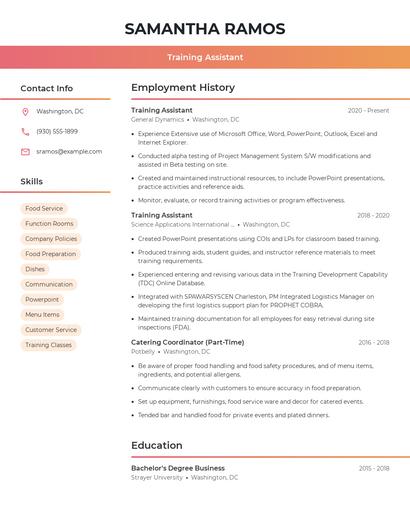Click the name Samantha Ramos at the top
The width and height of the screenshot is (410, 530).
click(205, 29)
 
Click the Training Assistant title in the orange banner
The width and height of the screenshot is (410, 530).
click(205, 57)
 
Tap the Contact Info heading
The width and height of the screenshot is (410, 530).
click(47, 88)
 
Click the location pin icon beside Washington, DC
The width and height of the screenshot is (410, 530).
click(25, 111)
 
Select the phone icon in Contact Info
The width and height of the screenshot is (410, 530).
click(25, 131)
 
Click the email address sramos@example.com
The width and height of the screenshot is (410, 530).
click(69, 151)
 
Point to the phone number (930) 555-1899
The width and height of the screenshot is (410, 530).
click(57, 131)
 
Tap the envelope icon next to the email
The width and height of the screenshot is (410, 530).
click(25, 151)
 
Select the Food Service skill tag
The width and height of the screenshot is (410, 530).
click(44, 209)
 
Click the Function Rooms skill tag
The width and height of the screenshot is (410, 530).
click(49, 224)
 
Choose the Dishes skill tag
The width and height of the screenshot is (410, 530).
click(35, 269)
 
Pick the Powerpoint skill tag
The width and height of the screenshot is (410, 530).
click(42, 300)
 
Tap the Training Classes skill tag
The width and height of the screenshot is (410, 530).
click(48, 345)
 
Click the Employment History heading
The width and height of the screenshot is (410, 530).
click(183, 88)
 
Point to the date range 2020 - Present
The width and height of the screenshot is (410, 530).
click(368, 110)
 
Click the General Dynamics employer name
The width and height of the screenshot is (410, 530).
click(157, 119)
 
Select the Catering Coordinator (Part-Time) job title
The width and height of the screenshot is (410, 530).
click(187, 342)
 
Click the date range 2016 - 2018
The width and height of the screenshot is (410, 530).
click(374, 342)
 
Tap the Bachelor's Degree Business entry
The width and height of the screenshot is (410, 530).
click(178, 468)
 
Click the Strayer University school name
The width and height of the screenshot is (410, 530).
click(157, 478)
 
